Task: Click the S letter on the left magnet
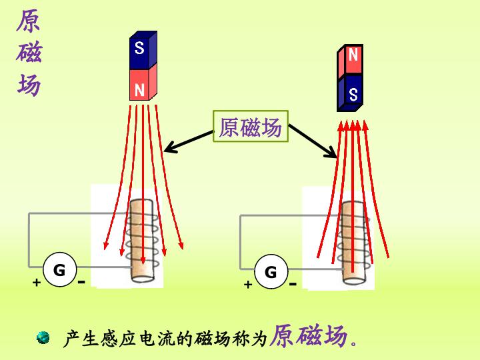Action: point(139,48)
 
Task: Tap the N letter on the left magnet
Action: point(139,90)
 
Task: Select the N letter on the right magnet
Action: point(353,55)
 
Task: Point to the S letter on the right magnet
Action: point(353,94)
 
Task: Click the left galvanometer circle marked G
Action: point(59,269)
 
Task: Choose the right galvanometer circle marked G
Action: point(271,272)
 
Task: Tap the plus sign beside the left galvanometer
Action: point(37,282)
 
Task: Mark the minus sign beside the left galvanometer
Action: point(81,281)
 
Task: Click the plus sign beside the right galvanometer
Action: point(248,285)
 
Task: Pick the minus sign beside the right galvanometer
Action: point(293,284)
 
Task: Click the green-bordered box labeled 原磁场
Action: point(251,126)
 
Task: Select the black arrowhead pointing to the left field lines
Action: point(170,147)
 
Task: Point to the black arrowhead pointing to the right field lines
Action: point(331,153)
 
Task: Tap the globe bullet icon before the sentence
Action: point(43,337)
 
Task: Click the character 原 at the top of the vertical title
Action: point(29,21)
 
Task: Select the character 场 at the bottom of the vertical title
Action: point(29,85)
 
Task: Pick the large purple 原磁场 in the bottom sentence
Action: point(309,335)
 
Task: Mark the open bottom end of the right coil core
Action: point(353,281)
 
